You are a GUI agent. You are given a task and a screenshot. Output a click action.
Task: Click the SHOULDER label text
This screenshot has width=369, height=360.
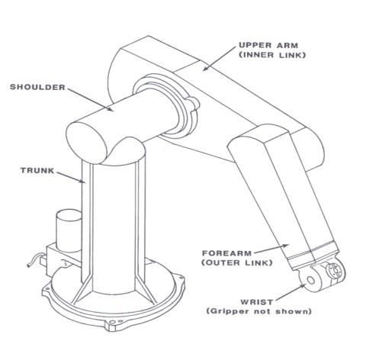click(37, 87)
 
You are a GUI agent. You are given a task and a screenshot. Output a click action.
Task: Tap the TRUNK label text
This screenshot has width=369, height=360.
click(37, 170)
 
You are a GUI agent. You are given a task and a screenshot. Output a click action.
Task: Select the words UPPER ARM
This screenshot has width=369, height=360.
click(268, 46)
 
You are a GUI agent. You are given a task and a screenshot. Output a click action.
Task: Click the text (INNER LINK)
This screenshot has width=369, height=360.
click(272, 55)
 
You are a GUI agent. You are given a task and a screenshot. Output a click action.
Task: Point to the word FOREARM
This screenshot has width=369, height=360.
click(226, 253)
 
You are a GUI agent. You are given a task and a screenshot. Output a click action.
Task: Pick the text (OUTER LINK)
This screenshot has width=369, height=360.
click(237, 262)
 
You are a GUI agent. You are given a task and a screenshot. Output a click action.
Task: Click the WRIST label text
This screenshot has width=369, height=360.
click(257, 302)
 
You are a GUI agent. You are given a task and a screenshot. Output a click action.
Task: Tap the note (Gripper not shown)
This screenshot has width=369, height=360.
click(259, 311)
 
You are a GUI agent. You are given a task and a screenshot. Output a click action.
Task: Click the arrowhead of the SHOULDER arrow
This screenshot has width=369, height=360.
click(110, 109)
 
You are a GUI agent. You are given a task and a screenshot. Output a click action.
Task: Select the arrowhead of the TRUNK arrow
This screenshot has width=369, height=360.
click(82, 181)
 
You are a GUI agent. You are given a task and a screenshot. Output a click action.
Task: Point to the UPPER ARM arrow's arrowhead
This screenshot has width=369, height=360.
click(206, 68)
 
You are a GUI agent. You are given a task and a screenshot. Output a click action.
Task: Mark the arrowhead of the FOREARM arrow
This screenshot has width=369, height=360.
click(286, 246)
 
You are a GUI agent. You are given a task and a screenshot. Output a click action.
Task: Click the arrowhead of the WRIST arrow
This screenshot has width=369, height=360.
click(303, 286)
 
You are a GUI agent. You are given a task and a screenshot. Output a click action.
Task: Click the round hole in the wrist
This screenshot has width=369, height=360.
click(310, 280)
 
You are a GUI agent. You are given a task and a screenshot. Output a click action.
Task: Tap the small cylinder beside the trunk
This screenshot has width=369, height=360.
click(69, 230)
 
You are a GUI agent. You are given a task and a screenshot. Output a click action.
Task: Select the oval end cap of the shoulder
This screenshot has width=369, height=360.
click(86, 143)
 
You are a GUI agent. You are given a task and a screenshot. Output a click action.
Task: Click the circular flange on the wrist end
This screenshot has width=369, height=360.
click(335, 271)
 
